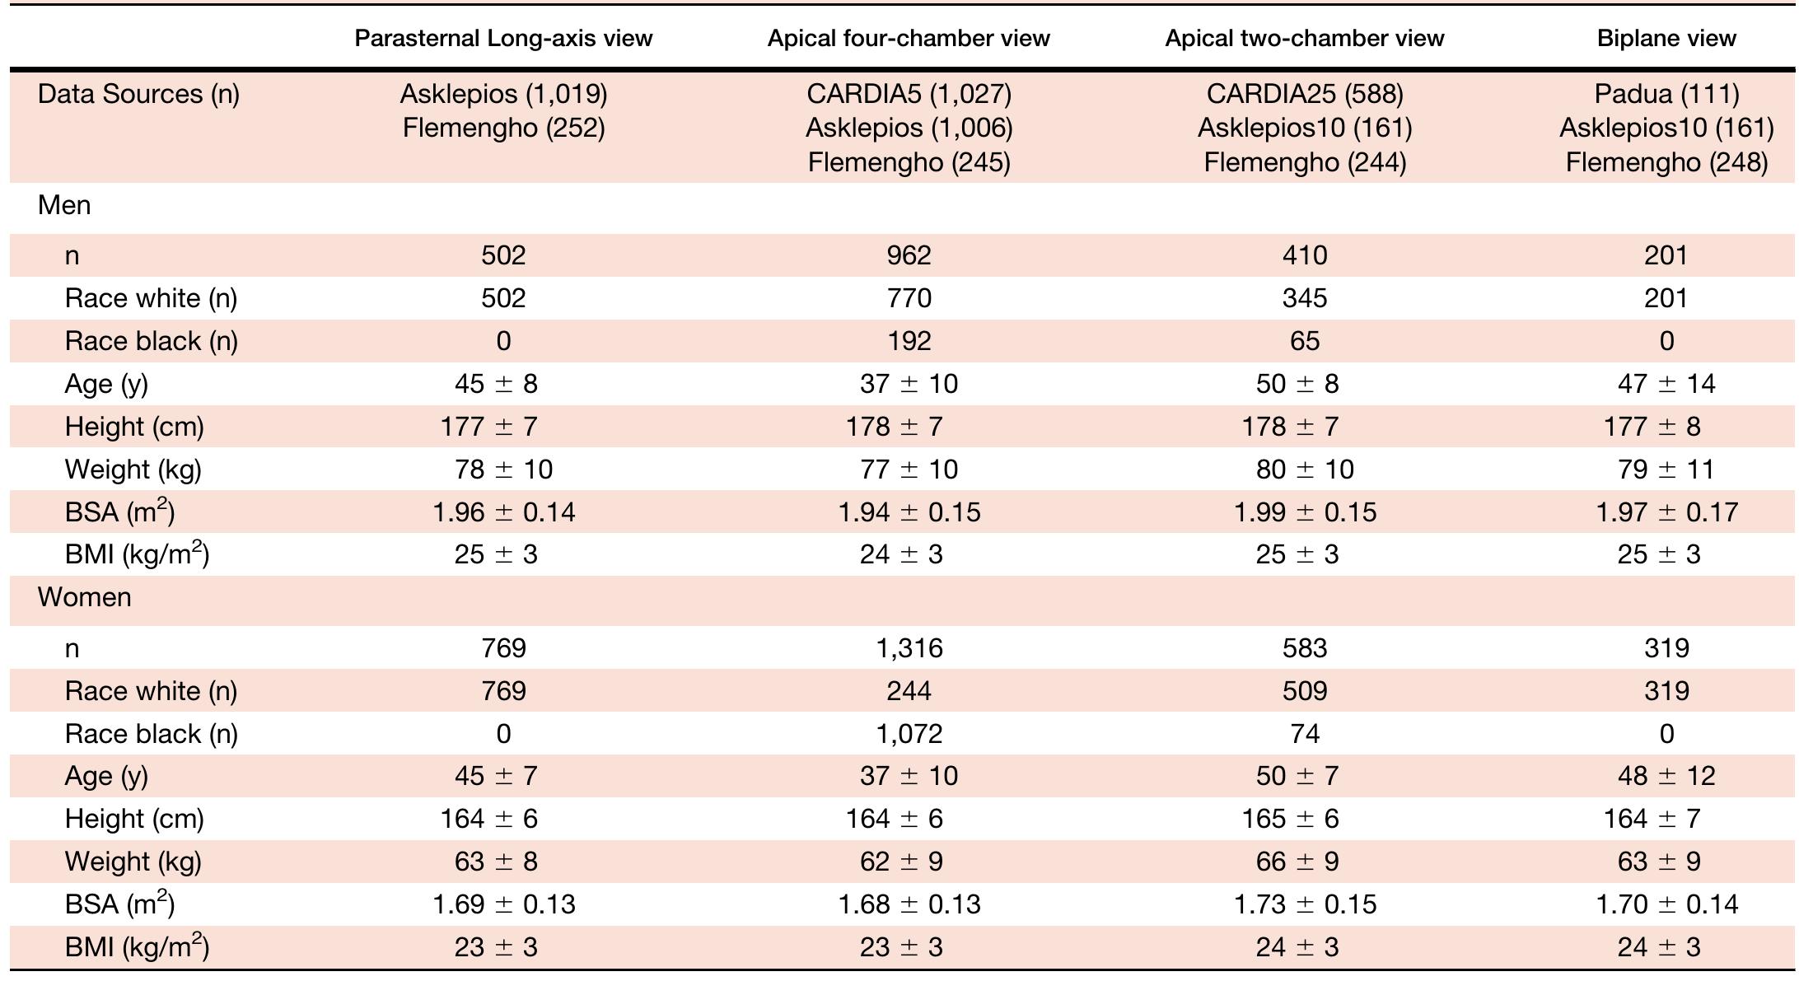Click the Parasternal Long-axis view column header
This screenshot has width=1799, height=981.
click(503, 39)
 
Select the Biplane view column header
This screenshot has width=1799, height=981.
click(1666, 39)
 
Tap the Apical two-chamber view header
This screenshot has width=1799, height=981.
click(1304, 39)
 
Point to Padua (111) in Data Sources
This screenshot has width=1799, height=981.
click(1666, 94)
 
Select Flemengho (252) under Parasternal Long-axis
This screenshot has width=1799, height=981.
click(503, 128)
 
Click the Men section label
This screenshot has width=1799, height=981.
click(64, 205)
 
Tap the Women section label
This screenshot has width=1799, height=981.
click(84, 597)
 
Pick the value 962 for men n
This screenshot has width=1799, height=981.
click(909, 255)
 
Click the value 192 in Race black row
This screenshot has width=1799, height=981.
click(909, 341)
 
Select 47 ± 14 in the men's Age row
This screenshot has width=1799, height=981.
click(1666, 384)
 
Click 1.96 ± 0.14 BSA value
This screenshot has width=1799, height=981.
click(503, 512)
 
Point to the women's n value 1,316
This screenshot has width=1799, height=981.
click(909, 648)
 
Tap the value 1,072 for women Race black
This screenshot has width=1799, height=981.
click(909, 734)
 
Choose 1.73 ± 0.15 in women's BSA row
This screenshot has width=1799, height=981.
click(1304, 904)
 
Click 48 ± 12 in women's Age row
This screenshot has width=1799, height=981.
click(1666, 776)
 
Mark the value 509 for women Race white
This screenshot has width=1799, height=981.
click(1304, 691)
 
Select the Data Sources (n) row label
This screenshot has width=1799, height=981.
click(138, 94)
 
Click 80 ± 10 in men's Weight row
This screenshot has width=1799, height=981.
click(1304, 469)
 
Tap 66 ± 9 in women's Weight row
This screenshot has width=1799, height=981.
click(1304, 862)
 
